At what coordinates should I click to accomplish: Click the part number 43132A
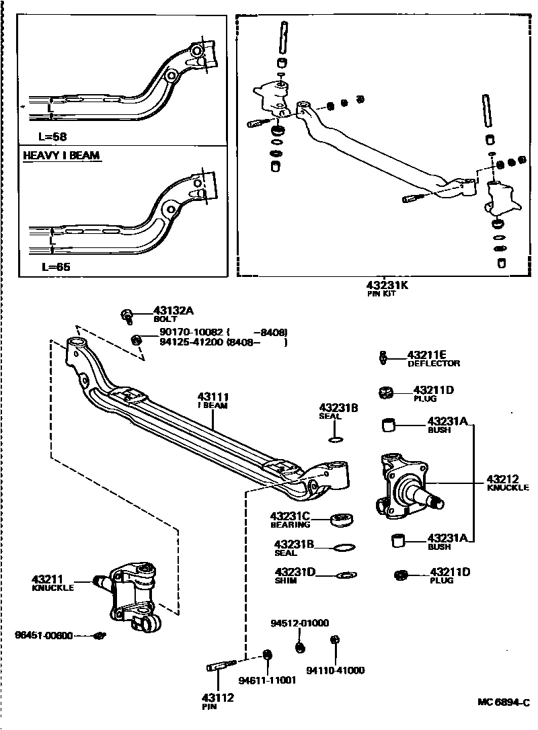tap(174, 311)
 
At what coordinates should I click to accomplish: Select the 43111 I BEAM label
tap(213, 401)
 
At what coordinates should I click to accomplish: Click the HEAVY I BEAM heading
tap(61, 155)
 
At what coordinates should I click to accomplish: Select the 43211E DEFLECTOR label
tap(433, 358)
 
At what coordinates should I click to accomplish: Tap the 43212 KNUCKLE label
tap(508, 483)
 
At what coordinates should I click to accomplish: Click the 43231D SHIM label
tap(294, 575)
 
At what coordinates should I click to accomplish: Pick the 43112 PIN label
tap(217, 701)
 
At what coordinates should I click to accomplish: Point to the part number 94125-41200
tap(191, 342)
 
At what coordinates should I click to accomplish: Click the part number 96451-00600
tap(44, 635)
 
